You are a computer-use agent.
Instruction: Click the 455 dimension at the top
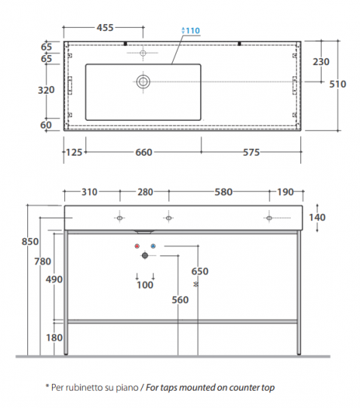click(105, 28)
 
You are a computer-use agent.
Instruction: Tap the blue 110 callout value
click(193, 31)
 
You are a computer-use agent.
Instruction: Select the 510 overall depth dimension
click(337, 84)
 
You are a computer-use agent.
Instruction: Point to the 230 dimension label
click(321, 62)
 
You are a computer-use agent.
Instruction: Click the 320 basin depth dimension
click(46, 90)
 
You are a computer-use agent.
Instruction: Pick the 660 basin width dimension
click(143, 152)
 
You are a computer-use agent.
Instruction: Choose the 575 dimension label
click(251, 152)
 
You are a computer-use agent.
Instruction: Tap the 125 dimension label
click(74, 152)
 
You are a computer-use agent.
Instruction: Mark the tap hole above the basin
click(143, 53)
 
